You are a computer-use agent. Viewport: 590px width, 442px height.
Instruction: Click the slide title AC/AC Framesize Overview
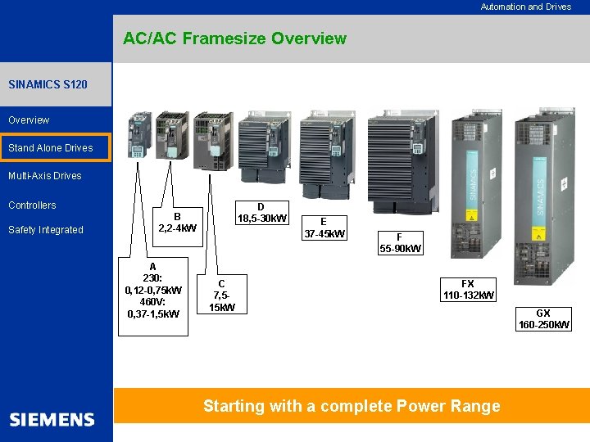coord(234,38)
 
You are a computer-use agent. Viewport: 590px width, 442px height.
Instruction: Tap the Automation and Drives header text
coord(525,7)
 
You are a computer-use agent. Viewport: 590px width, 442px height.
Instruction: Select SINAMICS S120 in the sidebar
coord(48,84)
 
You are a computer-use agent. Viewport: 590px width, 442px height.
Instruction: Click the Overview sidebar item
coord(29,120)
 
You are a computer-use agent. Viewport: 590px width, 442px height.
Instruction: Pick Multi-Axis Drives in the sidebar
coord(45,175)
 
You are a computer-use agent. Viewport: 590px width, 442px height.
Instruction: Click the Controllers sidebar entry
coord(32,205)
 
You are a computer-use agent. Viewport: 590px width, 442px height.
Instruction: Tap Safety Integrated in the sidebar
coord(46,230)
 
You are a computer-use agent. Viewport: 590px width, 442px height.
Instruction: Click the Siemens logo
coord(52,420)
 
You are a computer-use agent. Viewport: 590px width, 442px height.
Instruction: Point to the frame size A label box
coord(153,290)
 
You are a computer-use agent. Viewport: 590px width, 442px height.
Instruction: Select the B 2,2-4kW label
coord(177,222)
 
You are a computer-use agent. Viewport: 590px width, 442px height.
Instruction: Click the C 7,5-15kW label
coord(221,295)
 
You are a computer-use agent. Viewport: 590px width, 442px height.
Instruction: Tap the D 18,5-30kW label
coord(261,213)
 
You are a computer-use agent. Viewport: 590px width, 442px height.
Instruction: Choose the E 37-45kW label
coord(324,228)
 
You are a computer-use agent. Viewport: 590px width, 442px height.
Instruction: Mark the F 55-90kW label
coord(400,243)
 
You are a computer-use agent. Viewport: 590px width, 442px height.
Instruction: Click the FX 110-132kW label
coord(468,290)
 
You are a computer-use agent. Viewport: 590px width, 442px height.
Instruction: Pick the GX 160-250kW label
coord(543,319)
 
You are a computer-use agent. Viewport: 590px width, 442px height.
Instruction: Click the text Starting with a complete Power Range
coord(352,406)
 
